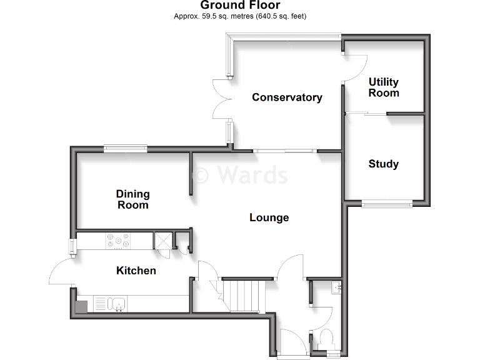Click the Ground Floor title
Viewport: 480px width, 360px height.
[240, 6]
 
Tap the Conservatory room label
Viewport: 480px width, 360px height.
[287, 97]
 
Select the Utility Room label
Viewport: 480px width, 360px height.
[384, 87]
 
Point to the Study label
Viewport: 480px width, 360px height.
[384, 164]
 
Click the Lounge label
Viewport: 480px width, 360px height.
[269, 217]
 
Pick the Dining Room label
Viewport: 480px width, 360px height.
[132, 200]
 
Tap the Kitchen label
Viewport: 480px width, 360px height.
[136, 271]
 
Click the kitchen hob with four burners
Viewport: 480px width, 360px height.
[117, 241]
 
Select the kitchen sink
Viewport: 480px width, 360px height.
[118, 304]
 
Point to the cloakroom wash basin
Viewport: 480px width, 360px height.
[336, 287]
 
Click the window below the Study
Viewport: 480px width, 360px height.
[387, 202]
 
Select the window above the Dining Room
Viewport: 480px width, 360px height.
[126, 148]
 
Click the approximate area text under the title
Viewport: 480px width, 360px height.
[240, 16]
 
